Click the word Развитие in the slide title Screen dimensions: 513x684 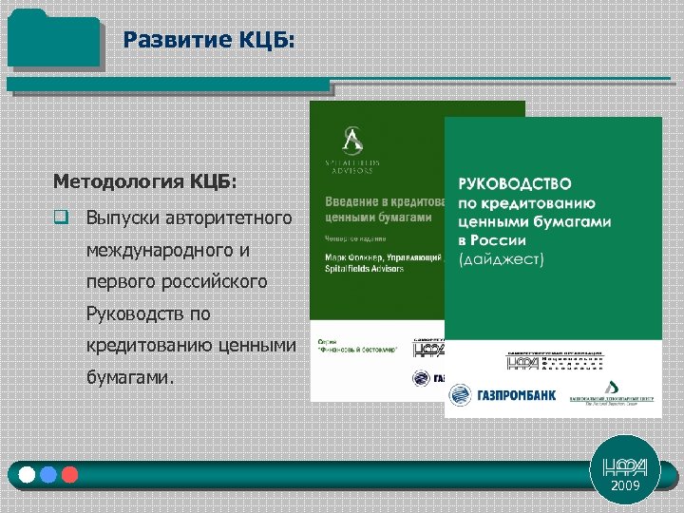[164, 40]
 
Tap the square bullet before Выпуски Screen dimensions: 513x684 [60, 218]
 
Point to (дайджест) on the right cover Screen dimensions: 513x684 [501, 259]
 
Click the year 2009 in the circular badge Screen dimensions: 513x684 [625, 485]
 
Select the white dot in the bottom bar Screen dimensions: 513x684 [28, 474]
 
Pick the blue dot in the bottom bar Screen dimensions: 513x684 [48, 474]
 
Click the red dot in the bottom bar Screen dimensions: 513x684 [68, 474]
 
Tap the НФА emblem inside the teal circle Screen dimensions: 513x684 [625, 465]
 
